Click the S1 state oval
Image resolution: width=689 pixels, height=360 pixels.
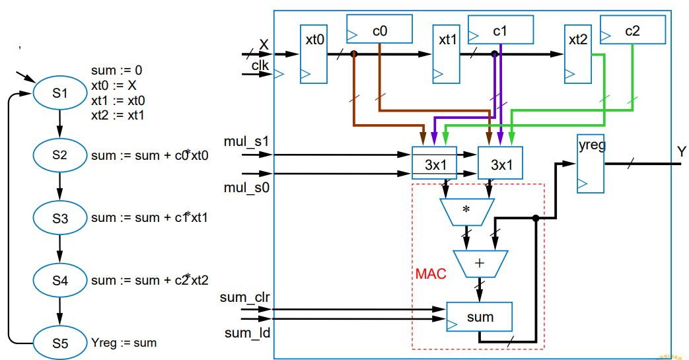60,93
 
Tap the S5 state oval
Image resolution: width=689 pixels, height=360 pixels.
60,342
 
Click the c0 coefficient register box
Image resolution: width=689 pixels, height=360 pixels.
379,30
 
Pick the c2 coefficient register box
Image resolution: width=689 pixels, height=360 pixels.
632,30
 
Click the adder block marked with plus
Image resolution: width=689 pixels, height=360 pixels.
480,263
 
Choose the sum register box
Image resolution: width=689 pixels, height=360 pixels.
480,317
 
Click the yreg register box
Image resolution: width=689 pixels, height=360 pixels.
591,164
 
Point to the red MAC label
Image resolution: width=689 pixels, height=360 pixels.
431,273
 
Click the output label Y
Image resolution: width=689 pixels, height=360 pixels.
680,152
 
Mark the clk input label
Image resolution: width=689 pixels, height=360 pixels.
260,65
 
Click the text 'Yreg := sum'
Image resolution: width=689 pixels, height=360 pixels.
124,343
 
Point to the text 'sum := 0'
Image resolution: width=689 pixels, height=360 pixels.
117,70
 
